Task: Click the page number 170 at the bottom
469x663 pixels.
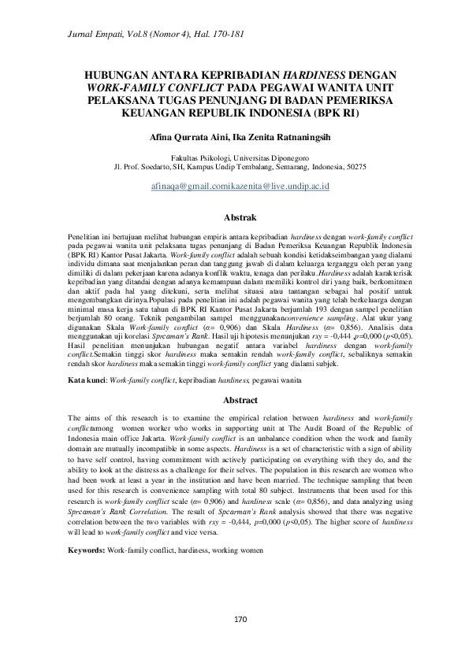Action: (234, 619)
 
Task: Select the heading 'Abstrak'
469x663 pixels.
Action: (234, 214)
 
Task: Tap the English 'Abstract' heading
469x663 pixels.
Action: (234, 401)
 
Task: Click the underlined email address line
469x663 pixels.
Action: (234, 186)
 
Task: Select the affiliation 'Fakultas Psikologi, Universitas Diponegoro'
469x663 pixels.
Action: (234, 158)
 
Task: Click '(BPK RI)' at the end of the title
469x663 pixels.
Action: (335, 113)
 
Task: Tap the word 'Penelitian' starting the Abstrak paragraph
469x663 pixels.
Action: (84, 236)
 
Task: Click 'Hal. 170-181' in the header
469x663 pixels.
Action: (195, 30)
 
